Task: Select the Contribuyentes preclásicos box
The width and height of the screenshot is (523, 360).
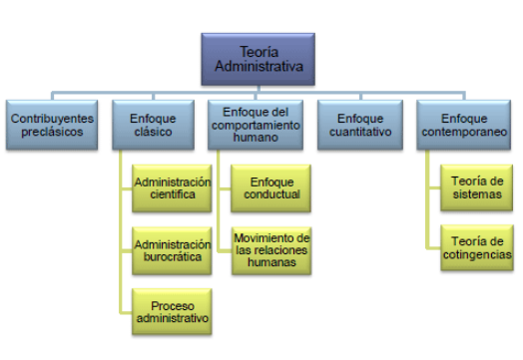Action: (x=52, y=124)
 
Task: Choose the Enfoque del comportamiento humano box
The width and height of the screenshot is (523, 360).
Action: (x=259, y=124)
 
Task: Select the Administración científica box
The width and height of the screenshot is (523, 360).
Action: (x=173, y=187)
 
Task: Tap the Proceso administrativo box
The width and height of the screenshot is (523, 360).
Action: (x=173, y=310)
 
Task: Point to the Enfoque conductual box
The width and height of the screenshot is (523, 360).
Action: (x=271, y=187)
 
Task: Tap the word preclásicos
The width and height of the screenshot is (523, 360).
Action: (x=52, y=131)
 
